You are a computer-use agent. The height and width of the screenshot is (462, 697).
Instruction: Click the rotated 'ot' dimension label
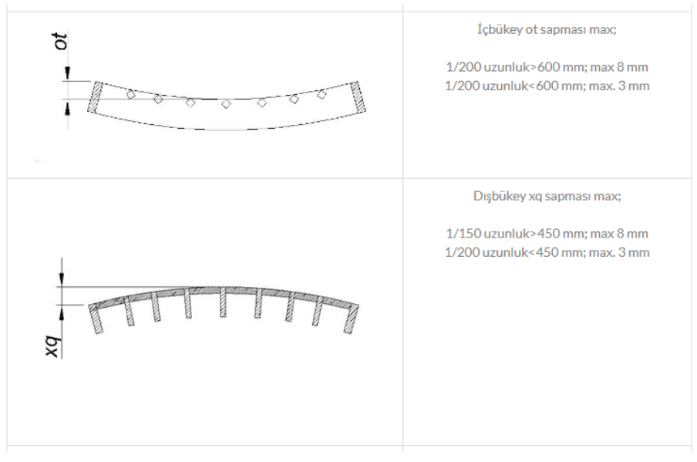click(x=62, y=42)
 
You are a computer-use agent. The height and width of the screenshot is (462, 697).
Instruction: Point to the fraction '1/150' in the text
click(x=463, y=234)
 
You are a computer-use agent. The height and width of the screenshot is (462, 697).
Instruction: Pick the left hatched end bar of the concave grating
click(x=95, y=97)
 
